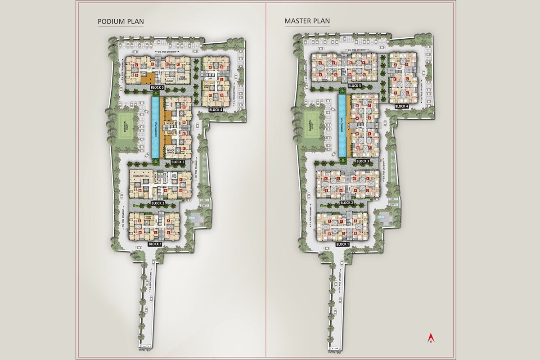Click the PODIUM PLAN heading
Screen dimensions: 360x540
click(x=121, y=22)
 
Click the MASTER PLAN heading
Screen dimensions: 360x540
click(x=307, y=22)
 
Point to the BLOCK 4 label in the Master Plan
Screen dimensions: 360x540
click(x=401, y=107)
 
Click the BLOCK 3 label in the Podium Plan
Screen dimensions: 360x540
click(x=178, y=162)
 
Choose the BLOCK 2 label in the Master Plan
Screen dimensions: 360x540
click(x=346, y=203)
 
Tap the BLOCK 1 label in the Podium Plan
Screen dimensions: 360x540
click(x=154, y=244)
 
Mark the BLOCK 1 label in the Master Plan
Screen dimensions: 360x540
click(x=342, y=244)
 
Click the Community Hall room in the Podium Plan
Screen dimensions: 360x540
click(x=140, y=176)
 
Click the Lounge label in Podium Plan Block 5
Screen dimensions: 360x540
click(x=169, y=81)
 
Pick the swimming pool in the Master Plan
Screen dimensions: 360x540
click(x=343, y=126)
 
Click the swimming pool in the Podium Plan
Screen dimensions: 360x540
click(x=155, y=128)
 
